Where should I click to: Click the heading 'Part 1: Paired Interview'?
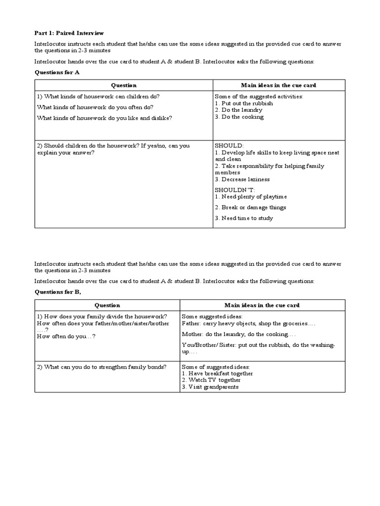point(69,33)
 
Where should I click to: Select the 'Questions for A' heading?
point(57,72)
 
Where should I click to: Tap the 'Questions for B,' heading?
point(58,292)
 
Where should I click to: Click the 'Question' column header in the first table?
point(123,85)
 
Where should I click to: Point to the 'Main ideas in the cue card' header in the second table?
point(262,305)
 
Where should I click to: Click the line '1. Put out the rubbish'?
point(244,103)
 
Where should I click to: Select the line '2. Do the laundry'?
point(238,110)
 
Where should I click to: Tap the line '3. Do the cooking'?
point(239,117)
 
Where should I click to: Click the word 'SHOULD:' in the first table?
point(229,146)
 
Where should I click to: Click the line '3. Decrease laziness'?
point(242,179)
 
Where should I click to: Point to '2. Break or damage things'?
point(250,208)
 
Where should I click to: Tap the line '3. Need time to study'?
point(244,218)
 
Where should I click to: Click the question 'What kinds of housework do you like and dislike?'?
point(104,118)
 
